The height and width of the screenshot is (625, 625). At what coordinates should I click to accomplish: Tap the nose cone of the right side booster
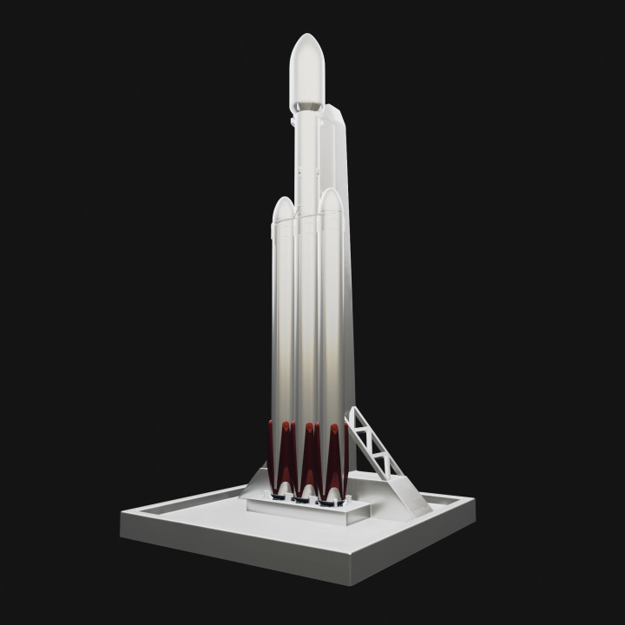click(329, 205)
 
